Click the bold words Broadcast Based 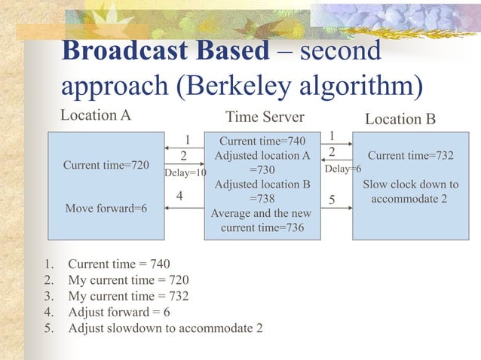[x=165, y=50]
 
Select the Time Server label [x=265, y=117]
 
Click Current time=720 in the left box [x=106, y=163]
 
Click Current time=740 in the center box [x=262, y=142]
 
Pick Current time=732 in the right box [x=410, y=155]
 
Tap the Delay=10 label [x=185, y=173]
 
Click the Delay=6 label [x=342, y=169]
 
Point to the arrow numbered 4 [x=184, y=208]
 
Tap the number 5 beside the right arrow [x=332, y=200]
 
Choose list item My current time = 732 [x=128, y=296]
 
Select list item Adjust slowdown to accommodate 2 [x=165, y=328]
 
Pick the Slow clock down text [x=410, y=185]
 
